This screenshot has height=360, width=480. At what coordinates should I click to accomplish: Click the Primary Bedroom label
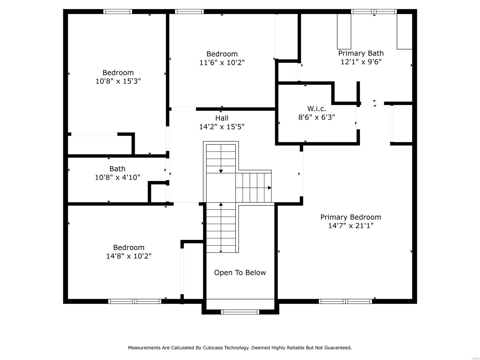pyautogui.click(x=350, y=217)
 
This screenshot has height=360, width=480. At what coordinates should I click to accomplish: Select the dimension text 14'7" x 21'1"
pyautogui.click(x=350, y=226)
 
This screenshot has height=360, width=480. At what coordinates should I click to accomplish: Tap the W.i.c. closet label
pyautogui.click(x=316, y=109)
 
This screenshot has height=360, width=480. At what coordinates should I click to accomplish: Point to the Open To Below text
pyautogui.click(x=240, y=272)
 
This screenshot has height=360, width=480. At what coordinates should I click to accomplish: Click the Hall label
pyautogui.click(x=222, y=118)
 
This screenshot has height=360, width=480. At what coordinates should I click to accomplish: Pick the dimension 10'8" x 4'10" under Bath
pyautogui.click(x=117, y=177)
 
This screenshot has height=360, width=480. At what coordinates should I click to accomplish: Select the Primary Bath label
pyautogui.click(x=361, y=53)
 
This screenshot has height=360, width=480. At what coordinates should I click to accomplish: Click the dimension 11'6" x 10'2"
pyautogui.click(x=222, y=63)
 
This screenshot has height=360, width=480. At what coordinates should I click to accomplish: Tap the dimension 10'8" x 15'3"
pyautogui.click(x=118, y=81)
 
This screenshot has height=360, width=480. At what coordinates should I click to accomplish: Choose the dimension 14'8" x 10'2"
pyautogui.click(x=128, y=256)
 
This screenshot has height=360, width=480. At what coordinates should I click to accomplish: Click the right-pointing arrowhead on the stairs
pyautogui.click(x=269, y=188)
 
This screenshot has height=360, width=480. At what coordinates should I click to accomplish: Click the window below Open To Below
pyautogui.click(x=240, y=312)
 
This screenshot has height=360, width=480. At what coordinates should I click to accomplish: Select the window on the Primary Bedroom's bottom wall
pyautogui.click(x=345, y=301)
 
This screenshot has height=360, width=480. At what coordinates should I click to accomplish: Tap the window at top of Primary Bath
pyautogui.click(x=374, y=12)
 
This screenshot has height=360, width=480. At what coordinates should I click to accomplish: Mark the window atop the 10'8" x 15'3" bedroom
pyautogui.click(x=118, y=12)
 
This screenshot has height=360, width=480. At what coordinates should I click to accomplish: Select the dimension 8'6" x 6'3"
pyautogui.click(x=316, y=117)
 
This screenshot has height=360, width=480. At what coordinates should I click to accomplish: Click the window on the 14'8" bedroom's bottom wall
pyautogui.click(x=135, y=301)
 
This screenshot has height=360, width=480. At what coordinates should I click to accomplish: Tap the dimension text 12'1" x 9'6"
pyautogui.click(x=361, y=62)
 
